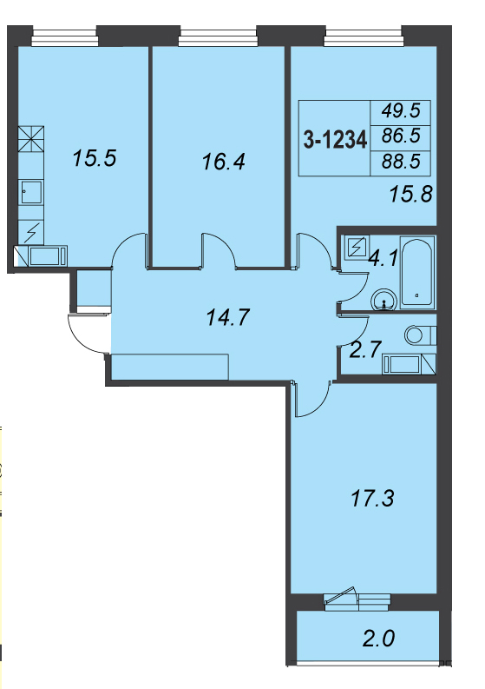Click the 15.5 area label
pyautogui.click(x=95, y=158)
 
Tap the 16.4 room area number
pyautogui.click(x=223, y=162)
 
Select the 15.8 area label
pyautogui.click(x=411, y=194)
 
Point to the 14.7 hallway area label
pyautogui.click(x=228, y=317)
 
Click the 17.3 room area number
pyautogui.click(x=372, y=499)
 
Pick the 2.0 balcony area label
pyautogui.click(x=379, y=638)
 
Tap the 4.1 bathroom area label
pyautogui.click(x=383, y=258)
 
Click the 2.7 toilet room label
pyautogui.click(x=364, y=350)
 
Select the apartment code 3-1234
pyautogui.click(x=335, y=141)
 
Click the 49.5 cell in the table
pyautogui.click(x=401, y=111)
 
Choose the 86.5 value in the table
pyautogui.click(x=401, y=136)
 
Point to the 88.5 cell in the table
pyautogui.click(x=401, y=162)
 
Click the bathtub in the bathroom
pyautogui.click(x=417, y=273)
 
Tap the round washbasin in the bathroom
pyautogui.click(x=384, y=301)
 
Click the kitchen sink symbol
pyautogui.click(x=30, y=192)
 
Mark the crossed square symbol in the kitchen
pyautogui.click(x=31, y=139)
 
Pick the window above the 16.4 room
pyautogui.click(x=218, y=36)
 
